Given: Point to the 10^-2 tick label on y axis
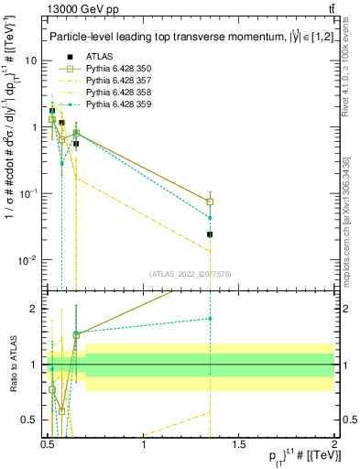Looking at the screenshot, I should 27,260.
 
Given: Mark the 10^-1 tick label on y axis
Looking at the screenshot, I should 27,193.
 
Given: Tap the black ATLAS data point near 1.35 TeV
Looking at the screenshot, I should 210,234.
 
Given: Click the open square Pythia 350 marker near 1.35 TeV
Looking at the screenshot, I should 210,202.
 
